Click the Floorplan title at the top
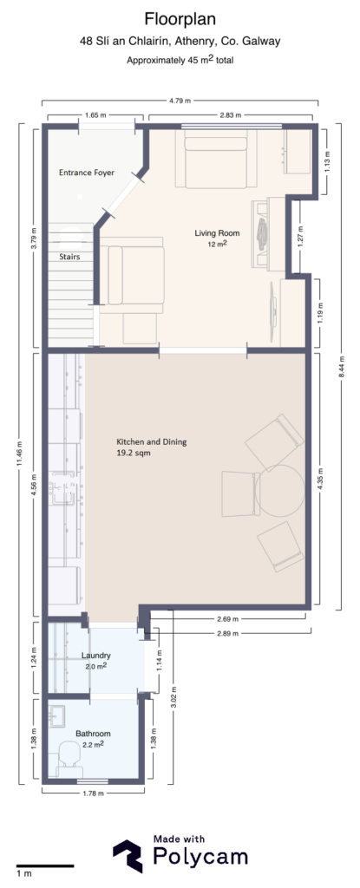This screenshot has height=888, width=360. point(180,19)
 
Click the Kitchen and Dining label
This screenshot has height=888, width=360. point(152,441)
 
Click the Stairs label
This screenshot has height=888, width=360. point(70,257)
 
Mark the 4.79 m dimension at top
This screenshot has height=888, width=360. point(180,100)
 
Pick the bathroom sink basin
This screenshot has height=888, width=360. point(59,718)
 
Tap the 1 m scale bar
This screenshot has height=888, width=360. point(43,866)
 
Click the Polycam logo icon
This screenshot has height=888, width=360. point(128,855)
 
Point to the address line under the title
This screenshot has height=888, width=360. point(180,41)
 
